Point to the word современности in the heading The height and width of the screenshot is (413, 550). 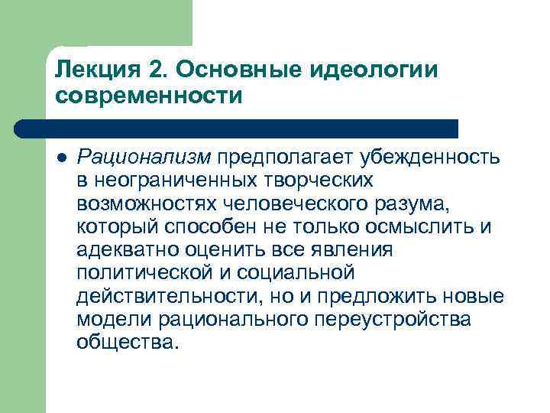point(149,97)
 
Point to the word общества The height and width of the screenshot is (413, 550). point(127,342)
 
